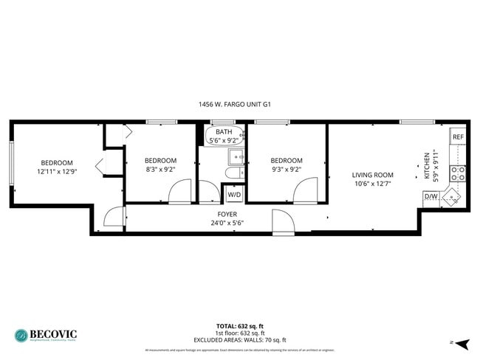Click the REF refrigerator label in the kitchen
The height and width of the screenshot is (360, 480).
point(458,137)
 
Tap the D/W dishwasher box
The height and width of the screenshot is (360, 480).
point(430,196)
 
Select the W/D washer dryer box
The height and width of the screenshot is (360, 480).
point(234,195)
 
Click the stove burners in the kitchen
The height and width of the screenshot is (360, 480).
point(458,174)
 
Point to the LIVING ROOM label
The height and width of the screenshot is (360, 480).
point(372,175)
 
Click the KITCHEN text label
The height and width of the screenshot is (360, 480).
point(427,167)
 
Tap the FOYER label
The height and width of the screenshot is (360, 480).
point(226,213)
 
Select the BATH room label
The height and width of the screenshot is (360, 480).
point(224,131)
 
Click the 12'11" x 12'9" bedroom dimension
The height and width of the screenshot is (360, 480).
point(57,171)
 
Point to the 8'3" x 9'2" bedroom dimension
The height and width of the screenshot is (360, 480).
point(160,169)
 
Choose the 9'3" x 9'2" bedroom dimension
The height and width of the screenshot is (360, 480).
point(287,169)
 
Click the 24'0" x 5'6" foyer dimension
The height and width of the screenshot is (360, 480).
point(226,221)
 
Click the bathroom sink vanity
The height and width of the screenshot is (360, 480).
point(236,156)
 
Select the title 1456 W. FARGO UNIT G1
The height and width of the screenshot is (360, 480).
point(235,105)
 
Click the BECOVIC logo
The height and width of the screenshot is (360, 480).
point(46,334)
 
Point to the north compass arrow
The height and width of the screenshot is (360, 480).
point(462,344)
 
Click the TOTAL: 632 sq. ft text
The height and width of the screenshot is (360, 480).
point(240,325)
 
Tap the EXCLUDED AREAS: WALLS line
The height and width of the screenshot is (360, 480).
point(240,339)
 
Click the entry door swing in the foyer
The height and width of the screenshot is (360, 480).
point(282,221)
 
